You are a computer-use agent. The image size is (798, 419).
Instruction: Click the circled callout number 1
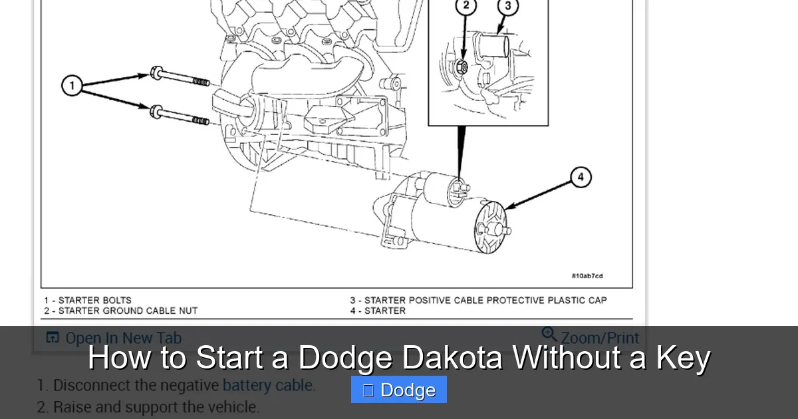72,86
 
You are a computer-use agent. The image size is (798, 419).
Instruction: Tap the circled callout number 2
465,6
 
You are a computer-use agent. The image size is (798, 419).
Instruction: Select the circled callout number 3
508,7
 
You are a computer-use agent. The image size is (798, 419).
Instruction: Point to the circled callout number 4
581,177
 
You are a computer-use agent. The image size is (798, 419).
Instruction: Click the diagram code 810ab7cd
587,276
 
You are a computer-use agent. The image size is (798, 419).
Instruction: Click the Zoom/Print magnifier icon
549,335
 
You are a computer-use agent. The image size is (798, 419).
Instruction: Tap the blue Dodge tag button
399,390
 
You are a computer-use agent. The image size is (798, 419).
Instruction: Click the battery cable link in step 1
269,385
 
